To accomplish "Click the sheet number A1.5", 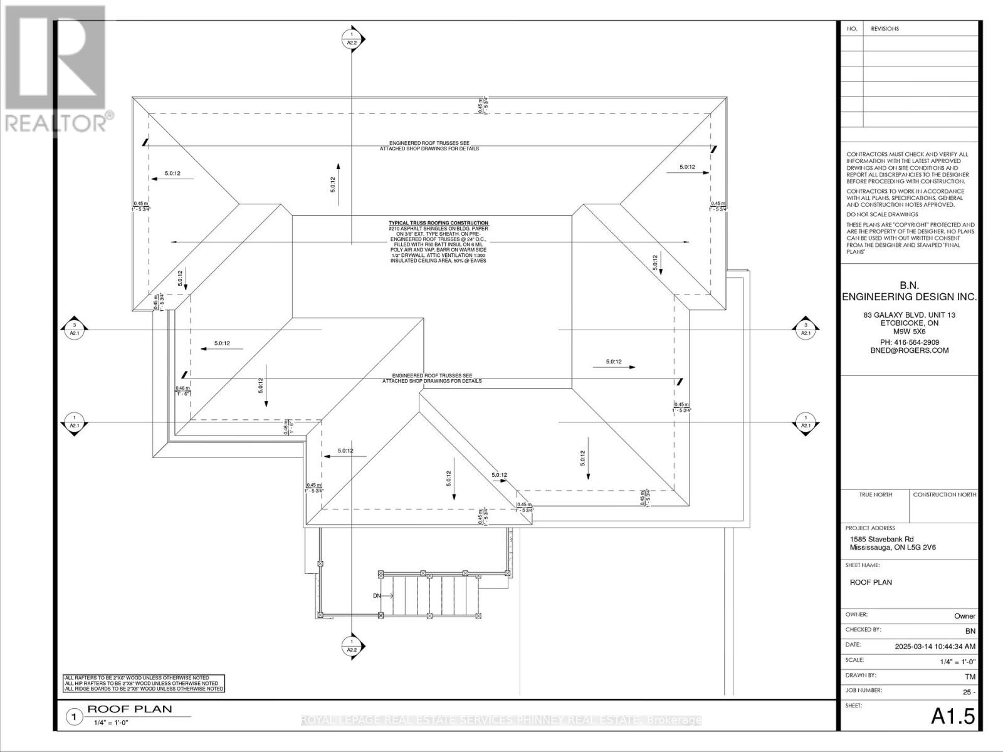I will pos(953,716).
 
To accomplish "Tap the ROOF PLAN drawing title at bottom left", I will pos(129,709).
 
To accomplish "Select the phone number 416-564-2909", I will pos(908,342).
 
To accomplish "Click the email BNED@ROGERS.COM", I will pos(908,350).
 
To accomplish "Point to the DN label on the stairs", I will pos(377,596).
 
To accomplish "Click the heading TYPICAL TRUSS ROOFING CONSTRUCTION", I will pos(438,223).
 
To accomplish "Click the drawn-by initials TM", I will pos(969,677).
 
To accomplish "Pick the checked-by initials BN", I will pos(970,630).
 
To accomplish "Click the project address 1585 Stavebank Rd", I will pos(881,539).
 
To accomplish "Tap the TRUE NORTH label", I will pos(875,494).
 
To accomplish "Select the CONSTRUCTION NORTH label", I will pos(944,494).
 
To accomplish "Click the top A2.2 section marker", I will pos(352,39).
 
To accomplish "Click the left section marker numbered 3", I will pos(75,329).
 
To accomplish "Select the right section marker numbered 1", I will pos(805,422).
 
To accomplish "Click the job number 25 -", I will pos(969,692).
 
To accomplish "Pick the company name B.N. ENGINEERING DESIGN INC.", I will pos(909,291).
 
